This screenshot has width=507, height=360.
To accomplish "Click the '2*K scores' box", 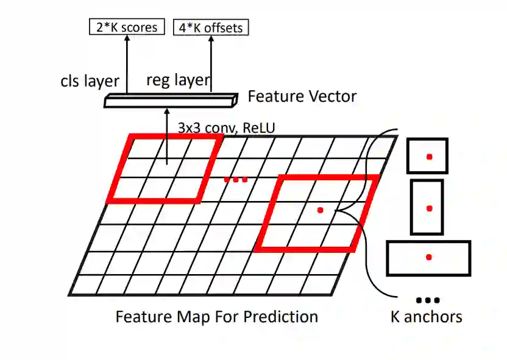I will pyautogui.click(x=127, y=27).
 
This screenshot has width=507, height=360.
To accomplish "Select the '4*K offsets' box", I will pyautogui.click(x=211, y=27).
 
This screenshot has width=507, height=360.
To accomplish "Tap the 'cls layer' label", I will pyautogui.click(x=90, y=82).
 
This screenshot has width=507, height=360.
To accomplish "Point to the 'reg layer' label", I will pyautogui.click(x=178, y=80).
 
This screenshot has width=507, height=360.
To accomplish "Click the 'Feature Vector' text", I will pyautogui.click(x=302, y=96).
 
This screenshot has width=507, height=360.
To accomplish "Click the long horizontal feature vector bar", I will pyautogui.click(x=170, y=101).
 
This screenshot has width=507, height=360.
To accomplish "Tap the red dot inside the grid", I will pyautogui.click(x=320, y=210).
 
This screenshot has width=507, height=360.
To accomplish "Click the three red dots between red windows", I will pyautogui.click(x=236, y=179).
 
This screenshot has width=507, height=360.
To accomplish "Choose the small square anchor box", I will pyautogui.click(x=427, y=156).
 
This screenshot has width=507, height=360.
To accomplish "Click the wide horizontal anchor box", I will pyautogui.click(x=429, y=258).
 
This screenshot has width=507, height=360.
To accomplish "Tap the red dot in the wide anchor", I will pyautogui.click(x=429, y=258).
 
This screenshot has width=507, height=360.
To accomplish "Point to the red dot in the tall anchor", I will pyautogui.click(x=429, y=208).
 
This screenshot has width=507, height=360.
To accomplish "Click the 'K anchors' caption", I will pyautogui.click(x=427, y=317).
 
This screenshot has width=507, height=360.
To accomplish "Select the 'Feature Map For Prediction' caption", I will pyautogui.click(x=216, y=317).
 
